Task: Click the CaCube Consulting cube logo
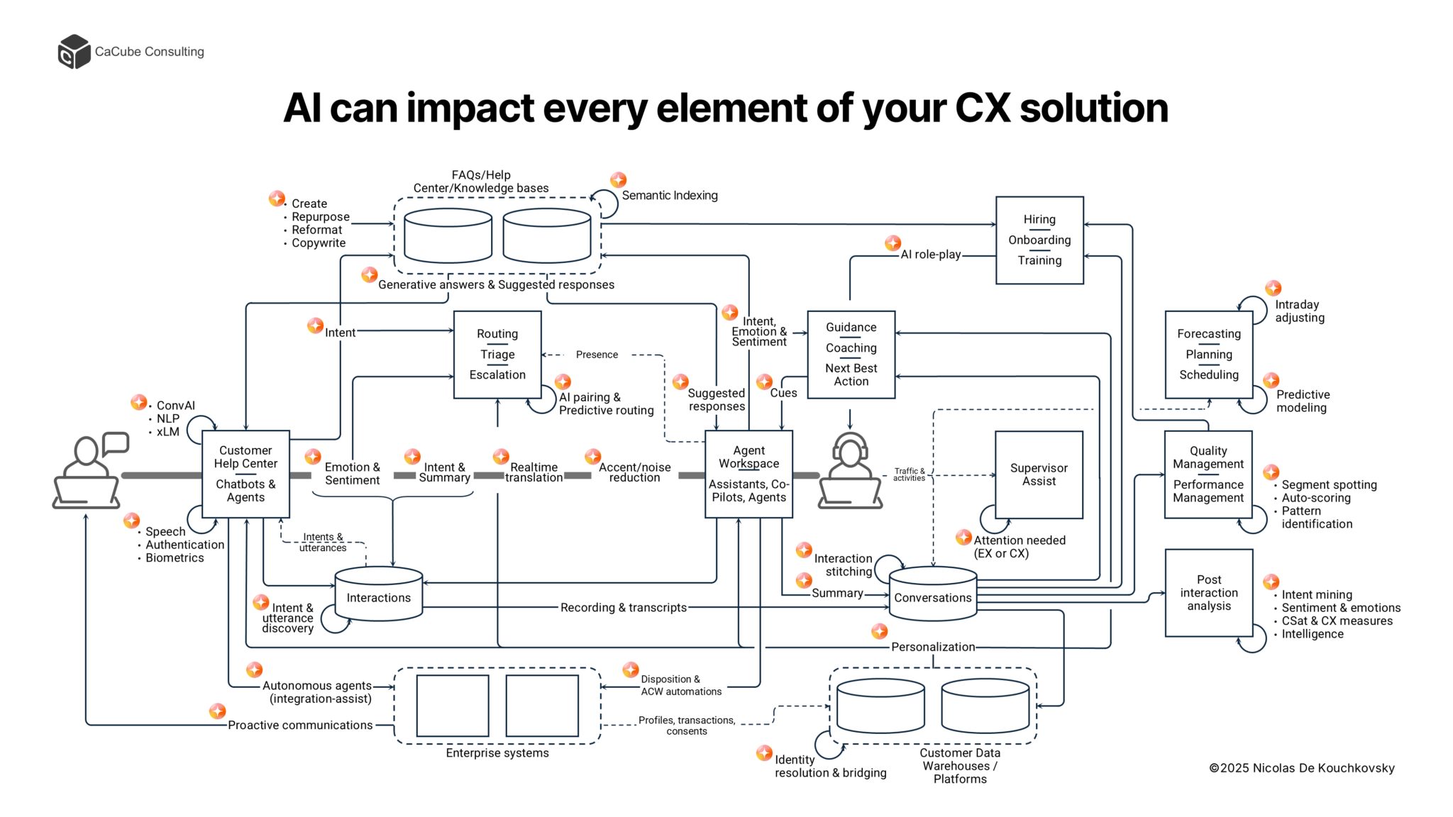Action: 74,52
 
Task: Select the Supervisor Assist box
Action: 1039,474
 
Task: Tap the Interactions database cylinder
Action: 378,594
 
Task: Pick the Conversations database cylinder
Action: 932,594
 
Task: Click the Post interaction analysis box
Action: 1208,593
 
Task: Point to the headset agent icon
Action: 850,471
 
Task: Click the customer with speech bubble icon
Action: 89,471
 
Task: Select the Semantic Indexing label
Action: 669,196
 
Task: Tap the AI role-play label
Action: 930,255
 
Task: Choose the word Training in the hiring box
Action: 1039,260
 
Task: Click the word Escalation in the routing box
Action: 497,374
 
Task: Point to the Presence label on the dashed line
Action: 597,355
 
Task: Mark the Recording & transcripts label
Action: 623,608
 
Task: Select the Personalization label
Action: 933,647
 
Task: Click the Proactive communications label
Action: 300,725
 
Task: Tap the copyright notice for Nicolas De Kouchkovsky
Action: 1301,768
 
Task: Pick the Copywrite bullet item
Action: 319,243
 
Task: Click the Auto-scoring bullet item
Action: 1315,498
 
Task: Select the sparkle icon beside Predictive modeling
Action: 1271,381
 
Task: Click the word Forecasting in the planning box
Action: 1208,334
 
